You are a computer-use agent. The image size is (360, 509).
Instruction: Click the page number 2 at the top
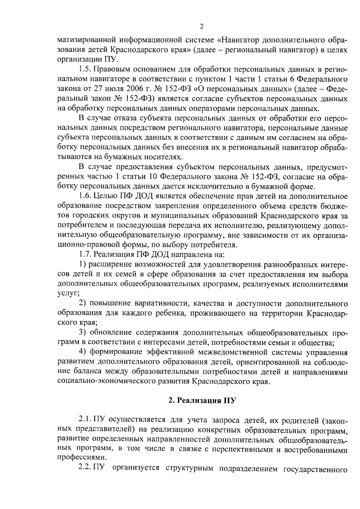pyautogui.click(x=202, y=27)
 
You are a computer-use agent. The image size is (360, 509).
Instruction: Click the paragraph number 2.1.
pyautogui.click(x=85, y=419)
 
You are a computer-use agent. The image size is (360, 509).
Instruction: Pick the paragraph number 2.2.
pyautogui.click(x=85, y=468)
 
